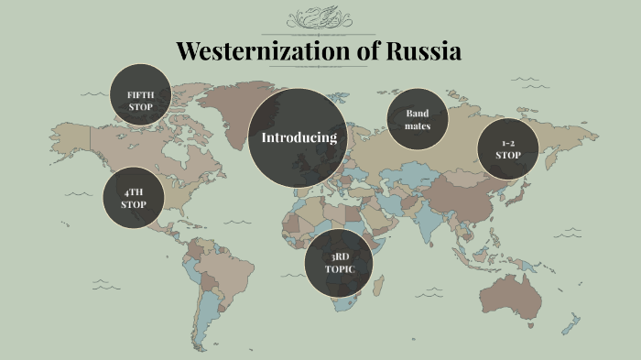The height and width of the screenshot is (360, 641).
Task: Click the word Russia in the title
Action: pos(422,51)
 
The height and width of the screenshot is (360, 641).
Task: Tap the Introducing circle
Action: pos(299,137)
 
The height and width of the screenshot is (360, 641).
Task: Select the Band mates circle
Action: pos(417,120)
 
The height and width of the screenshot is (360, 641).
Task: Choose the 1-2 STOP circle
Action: pos(508,149)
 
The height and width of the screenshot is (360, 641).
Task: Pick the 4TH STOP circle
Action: pos(133,198)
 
